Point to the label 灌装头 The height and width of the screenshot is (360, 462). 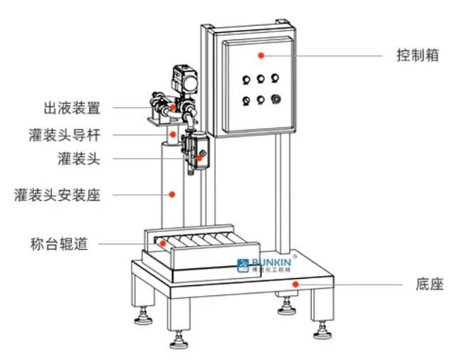78,159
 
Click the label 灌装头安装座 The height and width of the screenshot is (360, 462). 58,194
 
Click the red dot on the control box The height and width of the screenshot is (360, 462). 261,55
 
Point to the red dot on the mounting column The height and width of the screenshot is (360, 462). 172,193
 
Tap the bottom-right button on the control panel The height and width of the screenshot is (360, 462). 276,100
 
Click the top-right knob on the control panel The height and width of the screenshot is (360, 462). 277,78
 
